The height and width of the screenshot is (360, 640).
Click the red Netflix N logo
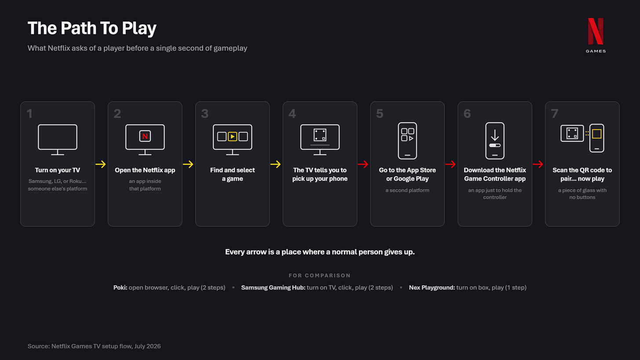[596, 31]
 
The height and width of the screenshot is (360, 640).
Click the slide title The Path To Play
[92, 28]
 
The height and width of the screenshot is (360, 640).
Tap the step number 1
[29, 114]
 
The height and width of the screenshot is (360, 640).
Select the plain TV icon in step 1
[58, 140]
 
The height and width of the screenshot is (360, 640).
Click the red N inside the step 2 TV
[145, 136]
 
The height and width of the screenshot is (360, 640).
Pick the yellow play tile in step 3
[232, 137]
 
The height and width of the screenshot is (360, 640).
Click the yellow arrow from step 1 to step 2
[101, 164]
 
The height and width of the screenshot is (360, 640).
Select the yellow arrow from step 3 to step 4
[276, 164]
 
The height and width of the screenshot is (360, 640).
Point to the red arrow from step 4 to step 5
[363, 164]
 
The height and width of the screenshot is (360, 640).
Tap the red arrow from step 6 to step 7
[538, 164]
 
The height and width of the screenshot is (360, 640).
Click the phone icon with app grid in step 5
[407, 141]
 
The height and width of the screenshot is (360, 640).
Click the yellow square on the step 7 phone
[597, 134]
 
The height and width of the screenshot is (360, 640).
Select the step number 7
[555, 114]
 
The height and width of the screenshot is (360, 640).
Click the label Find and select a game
[232, 174]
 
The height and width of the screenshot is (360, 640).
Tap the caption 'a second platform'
[407, 190]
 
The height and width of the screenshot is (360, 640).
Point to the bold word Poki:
[120, 287]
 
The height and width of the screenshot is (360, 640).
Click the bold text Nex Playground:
[432, 287]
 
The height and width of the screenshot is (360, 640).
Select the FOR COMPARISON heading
[320, 276]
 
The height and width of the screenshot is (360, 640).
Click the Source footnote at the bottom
[94, 346]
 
